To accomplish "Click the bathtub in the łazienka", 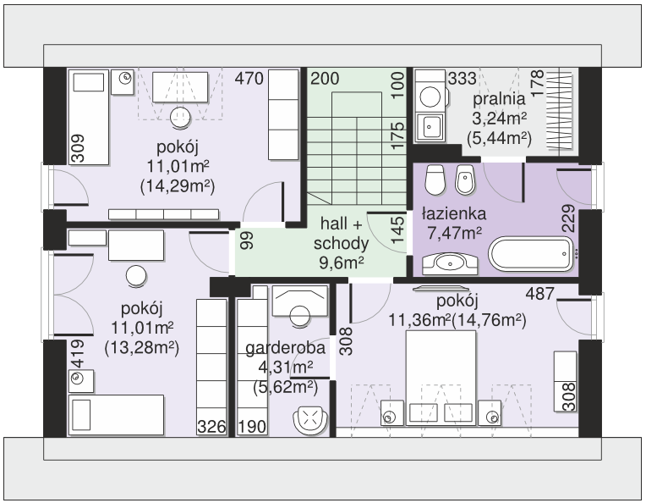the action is (x=531, y=254).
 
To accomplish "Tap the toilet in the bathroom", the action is (x=435, y=180).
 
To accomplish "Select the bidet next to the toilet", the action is (x=466, y=180).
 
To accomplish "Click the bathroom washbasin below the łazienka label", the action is (x=450, y=263).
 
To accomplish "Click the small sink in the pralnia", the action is (x=430, y=127).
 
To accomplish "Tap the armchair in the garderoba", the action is (x=310, y=420).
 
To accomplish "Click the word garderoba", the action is (x=285, y=348).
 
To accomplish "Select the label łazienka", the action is (x=454, y=213).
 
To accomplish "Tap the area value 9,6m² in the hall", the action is (x=341, y=262).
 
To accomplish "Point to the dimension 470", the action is (x=249, y=78).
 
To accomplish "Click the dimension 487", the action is (x=540, y=294).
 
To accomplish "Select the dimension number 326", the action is (x=211, y=426).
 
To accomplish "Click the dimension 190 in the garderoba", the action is (x=252, y=426).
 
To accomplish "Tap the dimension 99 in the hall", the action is (x=247, y=240).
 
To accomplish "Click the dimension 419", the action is (x=78, y=354).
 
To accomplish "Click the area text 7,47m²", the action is (x=454, y=234).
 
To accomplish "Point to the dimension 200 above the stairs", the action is (x=325, y=78).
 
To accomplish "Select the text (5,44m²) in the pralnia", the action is (x=499, y=138).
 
